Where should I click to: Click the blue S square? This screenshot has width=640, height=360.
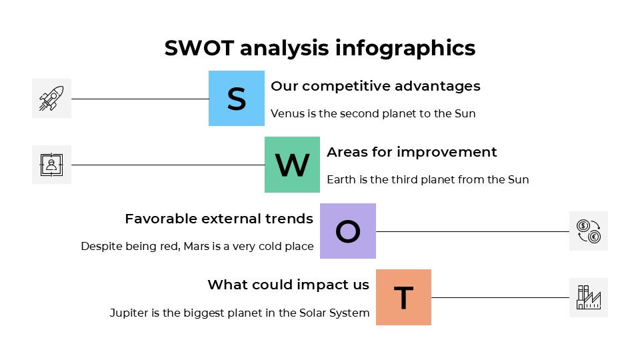click(x=237, y=98)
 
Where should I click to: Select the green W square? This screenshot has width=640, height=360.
click(x=292, y=165)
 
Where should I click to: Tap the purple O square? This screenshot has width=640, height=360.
click(x=347, y=231)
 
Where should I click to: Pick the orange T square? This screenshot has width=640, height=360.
click(x=403, y=297)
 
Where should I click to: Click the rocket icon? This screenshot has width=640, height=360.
click(x=51, y=98)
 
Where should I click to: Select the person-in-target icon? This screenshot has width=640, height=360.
click(x=51, y=165)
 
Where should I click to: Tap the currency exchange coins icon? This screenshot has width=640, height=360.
click(x=588, y=231)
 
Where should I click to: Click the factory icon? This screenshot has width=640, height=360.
click(x=588, y=297)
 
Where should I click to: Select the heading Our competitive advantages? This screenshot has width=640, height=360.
click(x=375, y=86)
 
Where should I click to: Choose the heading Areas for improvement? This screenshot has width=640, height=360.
click(x=411, y=152)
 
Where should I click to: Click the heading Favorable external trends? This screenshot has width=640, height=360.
click(x=219, y=219)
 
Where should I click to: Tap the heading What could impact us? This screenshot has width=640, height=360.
click(x=288, y=285)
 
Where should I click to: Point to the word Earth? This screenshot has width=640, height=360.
click(x=341, y=179)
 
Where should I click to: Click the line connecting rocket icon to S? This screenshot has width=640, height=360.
click(x=140, y=99)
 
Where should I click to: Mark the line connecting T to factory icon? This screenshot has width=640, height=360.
click(x=500, y=297)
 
